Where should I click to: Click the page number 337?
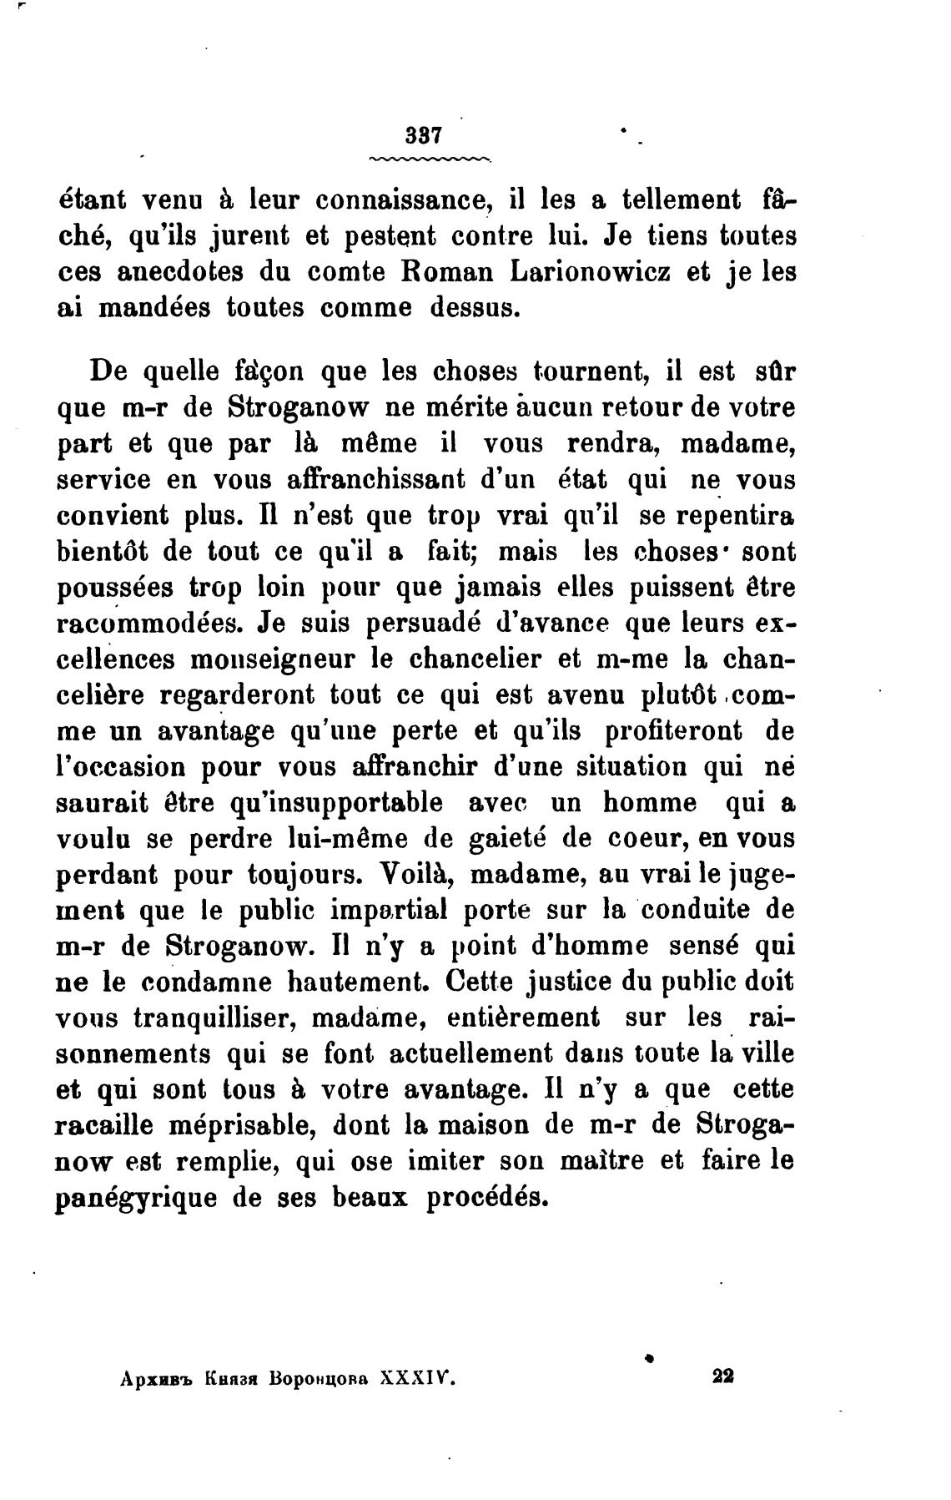(420, 135)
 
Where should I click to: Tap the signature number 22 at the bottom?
(722, 1376)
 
